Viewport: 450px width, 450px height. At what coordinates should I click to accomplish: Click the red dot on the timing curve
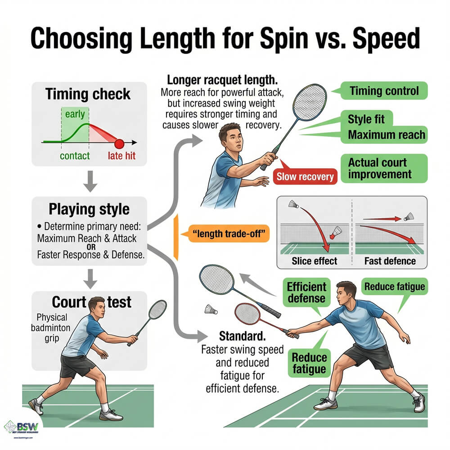pos(119,144)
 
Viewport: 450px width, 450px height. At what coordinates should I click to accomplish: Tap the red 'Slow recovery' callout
pos(305,176)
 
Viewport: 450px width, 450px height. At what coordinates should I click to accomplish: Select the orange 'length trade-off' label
pos(229,234)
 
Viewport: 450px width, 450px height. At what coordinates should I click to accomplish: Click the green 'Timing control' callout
pos(384,91)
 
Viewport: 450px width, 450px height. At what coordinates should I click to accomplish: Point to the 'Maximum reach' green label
pos(386,135)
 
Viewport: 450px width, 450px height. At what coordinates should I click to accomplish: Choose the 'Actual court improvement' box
pos(384,168)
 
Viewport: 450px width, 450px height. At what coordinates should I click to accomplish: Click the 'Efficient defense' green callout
pos(306,292)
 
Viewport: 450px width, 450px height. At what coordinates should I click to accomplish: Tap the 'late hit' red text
pos(121,156)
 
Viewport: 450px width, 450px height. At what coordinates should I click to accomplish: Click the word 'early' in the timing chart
pos(75,114)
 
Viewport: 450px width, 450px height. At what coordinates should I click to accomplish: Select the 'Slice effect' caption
pos(314,261)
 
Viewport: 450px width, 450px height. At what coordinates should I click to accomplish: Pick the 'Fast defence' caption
pos(390,261)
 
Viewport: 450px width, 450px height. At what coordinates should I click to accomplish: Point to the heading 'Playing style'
pos(89,209)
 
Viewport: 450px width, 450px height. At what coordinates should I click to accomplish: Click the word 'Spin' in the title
pos(284,39)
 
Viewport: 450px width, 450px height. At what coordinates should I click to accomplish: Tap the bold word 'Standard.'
pos(242,336)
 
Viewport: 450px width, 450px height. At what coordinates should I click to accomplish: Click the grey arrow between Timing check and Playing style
pos(90,181)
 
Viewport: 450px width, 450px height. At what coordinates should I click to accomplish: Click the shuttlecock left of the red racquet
pos(211,310)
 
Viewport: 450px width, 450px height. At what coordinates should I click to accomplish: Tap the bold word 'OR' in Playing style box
pos(91,247)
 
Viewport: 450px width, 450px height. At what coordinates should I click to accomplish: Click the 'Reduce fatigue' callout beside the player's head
pos(395,286)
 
